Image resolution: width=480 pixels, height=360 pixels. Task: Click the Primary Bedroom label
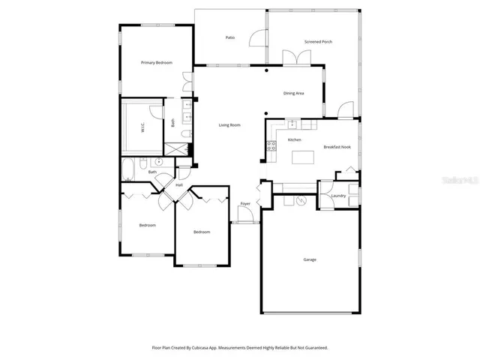pos(157,63)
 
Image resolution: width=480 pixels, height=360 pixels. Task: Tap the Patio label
pos(230,37)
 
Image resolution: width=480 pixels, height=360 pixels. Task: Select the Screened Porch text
pos(318,42)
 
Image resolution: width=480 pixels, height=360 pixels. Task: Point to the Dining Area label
pos(293,94)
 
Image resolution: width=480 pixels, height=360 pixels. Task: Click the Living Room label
pos(229,124)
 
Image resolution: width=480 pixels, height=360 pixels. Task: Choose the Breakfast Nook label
pos(337,147)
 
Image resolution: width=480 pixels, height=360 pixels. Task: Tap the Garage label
pos(309,259)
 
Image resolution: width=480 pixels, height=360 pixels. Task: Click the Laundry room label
pos(337,196)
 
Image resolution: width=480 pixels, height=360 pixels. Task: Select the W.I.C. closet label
pos(142,127)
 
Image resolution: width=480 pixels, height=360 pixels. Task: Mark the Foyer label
pos(245,204)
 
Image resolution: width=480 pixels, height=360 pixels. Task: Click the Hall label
pos(179,184)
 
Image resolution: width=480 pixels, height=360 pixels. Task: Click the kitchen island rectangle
pos(302,157)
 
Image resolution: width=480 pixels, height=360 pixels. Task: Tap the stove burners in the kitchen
pos(271,145)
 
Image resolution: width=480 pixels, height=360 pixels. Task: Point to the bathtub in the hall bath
pos(128,171)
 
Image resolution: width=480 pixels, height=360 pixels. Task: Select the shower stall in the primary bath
pos(180,148)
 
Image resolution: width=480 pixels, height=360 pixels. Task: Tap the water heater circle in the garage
pos(303,200)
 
